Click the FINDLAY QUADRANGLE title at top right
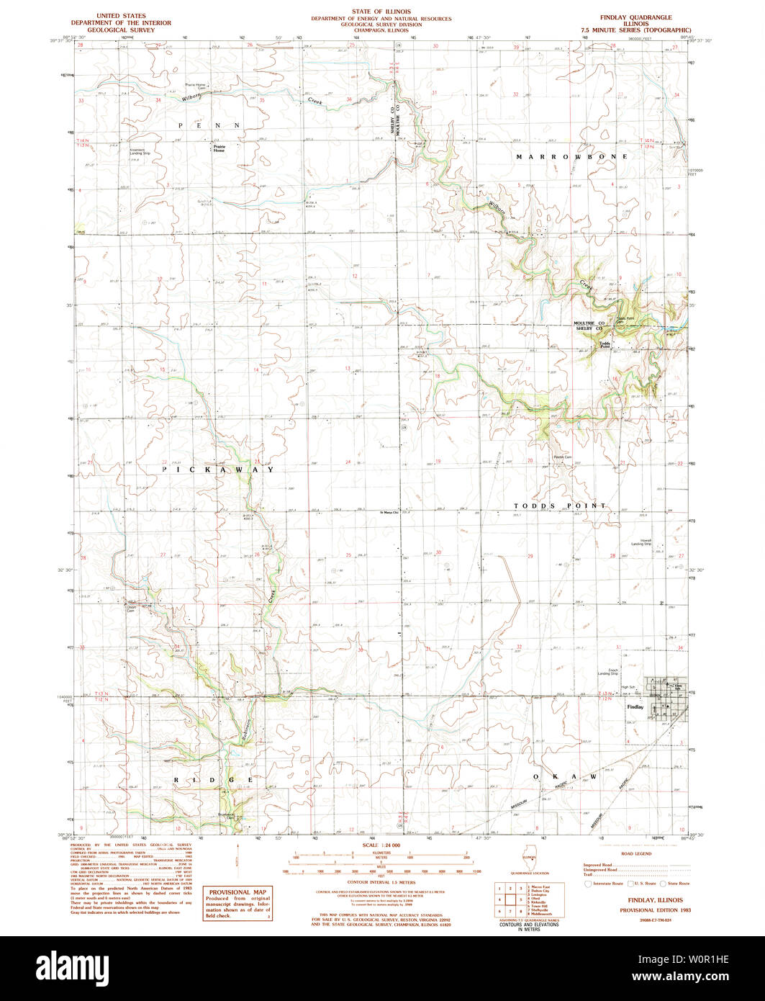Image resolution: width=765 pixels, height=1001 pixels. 640,16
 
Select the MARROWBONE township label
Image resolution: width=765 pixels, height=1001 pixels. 572,156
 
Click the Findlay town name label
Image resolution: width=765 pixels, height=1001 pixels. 635,707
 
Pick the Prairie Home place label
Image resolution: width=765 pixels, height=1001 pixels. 218,148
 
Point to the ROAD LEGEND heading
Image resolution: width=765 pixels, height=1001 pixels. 636,853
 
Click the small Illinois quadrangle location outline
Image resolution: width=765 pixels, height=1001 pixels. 529,853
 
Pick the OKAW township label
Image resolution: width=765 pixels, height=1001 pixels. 565,777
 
